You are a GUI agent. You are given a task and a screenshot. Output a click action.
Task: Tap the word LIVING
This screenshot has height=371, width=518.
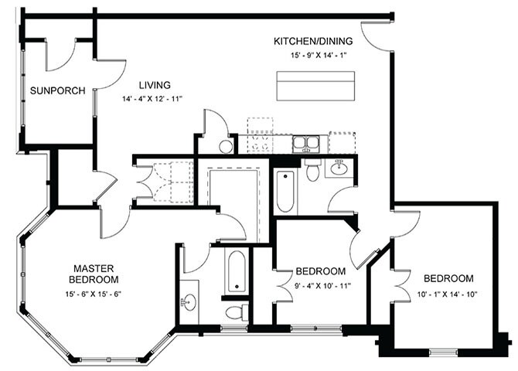tap(154, 85)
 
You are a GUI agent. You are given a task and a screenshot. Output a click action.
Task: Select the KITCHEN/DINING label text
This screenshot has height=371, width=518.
tap(313, 40)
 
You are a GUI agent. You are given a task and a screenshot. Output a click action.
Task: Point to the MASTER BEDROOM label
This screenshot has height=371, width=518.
tap(94, 273)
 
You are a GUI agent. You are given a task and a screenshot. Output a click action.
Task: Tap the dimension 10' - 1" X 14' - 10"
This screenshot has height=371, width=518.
tap(448, 293)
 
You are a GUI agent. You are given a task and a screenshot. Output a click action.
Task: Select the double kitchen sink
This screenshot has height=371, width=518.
tap(306, 142)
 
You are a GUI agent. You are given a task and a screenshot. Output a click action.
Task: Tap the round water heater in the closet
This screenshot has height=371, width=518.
tap(227, 146)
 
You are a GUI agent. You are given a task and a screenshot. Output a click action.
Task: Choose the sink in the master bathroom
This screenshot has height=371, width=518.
tap(189, 301)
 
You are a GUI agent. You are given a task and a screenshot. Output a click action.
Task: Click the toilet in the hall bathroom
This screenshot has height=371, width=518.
tap(313, 172)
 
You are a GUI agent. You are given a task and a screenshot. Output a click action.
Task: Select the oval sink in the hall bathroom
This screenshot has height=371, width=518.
tap(339, 167)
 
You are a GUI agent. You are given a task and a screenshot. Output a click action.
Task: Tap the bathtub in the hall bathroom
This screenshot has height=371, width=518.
tap(285, 191)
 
